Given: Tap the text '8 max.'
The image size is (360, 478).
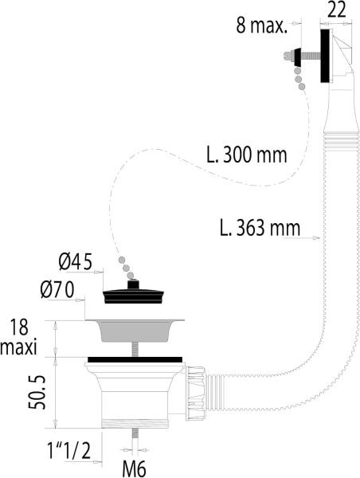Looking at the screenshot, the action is pyautogui.click(x=262, y=25).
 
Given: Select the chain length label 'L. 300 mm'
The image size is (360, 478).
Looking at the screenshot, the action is pyautogui.click(x=247, y=155).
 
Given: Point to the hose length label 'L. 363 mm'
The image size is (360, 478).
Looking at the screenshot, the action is pyautogui.click(x=260, y=228).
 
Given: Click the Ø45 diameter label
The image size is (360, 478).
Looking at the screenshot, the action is pyautogui.click(x=76, y=262).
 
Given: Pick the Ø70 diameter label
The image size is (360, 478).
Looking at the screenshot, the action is pyautogui.click(x=57, y=290).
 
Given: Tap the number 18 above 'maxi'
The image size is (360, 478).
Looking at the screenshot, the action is pyautogui.click(x=19, y=327).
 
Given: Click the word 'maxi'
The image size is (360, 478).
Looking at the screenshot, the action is pyautogui.click(x=18, y=347).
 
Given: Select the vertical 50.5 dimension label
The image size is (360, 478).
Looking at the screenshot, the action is pyautogui.click(x=37, y=392).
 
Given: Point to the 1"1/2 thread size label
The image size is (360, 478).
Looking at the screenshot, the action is pyautogui.click(x=68, y=451).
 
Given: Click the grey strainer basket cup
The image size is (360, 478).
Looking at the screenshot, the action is pyautogui.click(x=135, y=330).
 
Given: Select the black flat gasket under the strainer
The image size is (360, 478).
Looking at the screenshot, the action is pyautogui.click(x=135, y=359).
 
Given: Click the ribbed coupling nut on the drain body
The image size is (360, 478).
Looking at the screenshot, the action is pyautogui.click(x=195, y=394).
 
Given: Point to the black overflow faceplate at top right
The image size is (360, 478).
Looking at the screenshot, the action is pyautogui.click(x=326, y=56).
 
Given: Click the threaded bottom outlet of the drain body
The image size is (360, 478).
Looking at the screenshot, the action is pyautogui.click(x=135, y=424).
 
